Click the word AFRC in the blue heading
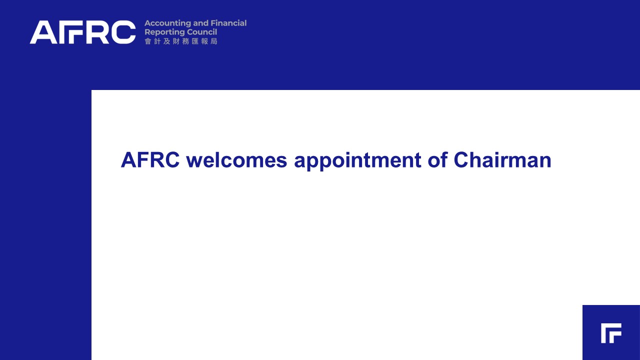[x=150, y=160]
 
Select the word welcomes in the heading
[x=236, y=160]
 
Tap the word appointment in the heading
[x=357, y=161]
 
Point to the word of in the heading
[x=437, y=160]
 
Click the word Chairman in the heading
[x=502, y=160]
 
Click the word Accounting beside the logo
[x=167, y=23]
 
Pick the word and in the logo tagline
[x=201, y=23]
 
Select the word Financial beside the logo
[x=228, y=23]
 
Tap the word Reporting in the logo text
[x=160, y=32]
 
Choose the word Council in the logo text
[x=197, y=32]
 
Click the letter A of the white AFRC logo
[x=43, y=32]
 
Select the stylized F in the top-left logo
[x=70, y=32]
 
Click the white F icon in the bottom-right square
[x=611, y=333]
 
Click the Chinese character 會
[x=147, y=41]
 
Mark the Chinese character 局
[x=214, y=41]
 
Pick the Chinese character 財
[x=176, y=41]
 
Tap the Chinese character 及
[x=166, y=41]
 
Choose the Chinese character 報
[x=204, y=41]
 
